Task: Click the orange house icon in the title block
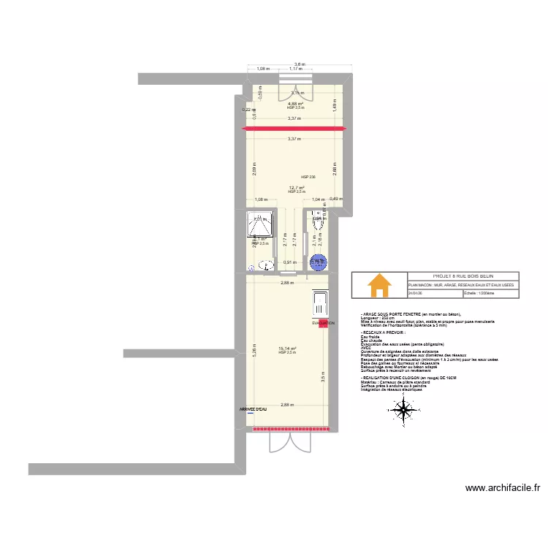(x=379, y=286)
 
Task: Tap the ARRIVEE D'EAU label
(x=253, y=409)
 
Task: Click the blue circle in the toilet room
(x=318, y=261)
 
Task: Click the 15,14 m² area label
(x=287, y=349)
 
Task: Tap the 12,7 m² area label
(x=297, y=187)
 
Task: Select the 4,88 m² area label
(x=295, y=104)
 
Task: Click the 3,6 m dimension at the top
(x=300, y=64)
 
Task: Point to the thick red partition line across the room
(x=294, y=129)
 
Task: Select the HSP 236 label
(x=308, y=177)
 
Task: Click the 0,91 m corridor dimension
(x=289, y=262)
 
